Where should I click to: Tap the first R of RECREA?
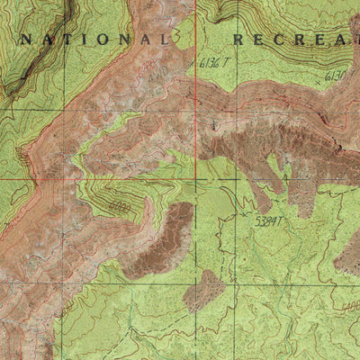(x=239, y=40)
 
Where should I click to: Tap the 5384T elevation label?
(x=269, y=219)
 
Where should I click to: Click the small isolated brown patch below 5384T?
(x=203, y=290)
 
